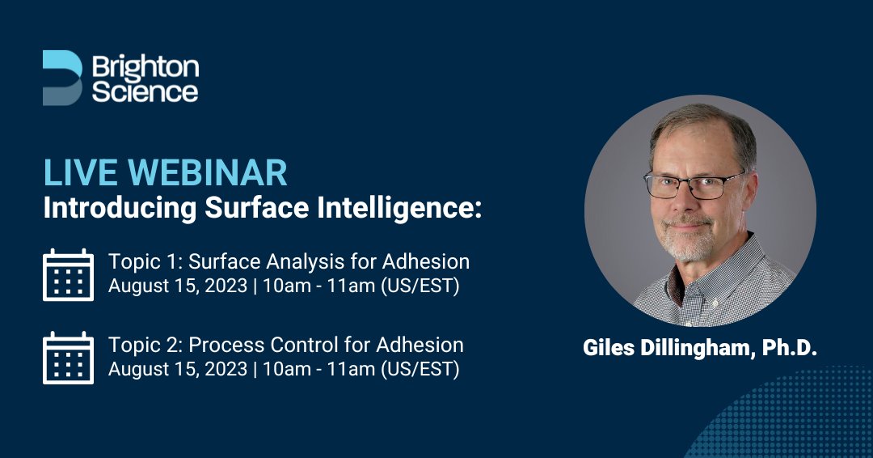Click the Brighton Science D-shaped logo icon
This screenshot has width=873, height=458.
[x=61, y=78]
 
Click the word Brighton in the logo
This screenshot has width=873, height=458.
[x=145, y=66]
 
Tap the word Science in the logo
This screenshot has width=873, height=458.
[x=145, y=91]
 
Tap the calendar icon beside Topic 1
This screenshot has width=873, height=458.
[x=68, y=275]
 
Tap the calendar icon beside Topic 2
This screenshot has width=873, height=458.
[x=68, y=358]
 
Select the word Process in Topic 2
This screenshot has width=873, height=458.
[x=224, y=345]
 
